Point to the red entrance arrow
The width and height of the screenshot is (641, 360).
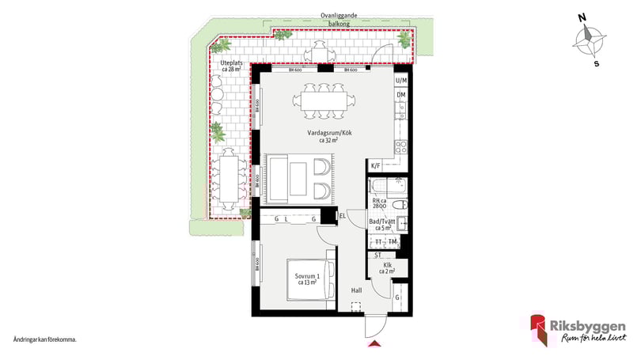tap(375, 344)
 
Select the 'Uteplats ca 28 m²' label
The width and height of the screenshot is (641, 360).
tap(230, 66)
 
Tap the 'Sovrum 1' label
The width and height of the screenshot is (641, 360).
tap(305, 278)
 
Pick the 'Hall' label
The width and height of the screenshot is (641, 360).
tap(357, 290)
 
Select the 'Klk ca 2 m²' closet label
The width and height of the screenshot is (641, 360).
tap(388, 267)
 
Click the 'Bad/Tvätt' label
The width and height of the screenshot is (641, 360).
tap(389, 224)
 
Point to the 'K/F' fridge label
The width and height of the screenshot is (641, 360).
tap(375, 166)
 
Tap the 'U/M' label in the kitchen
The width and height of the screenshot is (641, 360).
tap(401, 81)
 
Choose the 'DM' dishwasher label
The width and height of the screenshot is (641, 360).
tap(401, 96)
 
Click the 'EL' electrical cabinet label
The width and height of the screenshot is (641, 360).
tap(343, 214)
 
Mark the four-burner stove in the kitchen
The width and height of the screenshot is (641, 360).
tap(401, 146)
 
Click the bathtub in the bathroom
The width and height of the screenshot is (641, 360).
tap(388, 188)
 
